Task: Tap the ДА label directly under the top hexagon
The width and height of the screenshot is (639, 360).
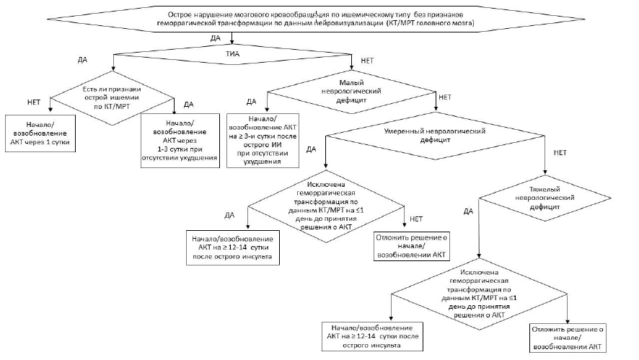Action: pos(215,37)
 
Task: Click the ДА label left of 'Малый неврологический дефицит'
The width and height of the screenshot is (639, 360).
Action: pos(252,100)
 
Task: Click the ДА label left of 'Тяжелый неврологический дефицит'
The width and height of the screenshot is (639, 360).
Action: pos(469,211)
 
